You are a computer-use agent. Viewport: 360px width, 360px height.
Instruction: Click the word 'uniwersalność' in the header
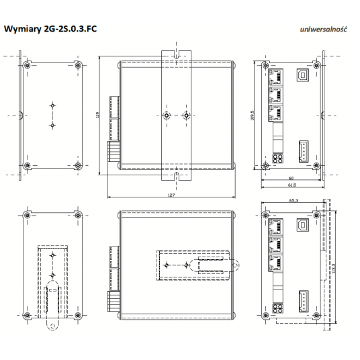click(324, 30)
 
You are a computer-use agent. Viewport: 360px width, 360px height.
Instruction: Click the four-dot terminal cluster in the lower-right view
click(277, 310)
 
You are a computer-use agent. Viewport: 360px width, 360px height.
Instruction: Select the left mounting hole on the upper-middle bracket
click(166, 115)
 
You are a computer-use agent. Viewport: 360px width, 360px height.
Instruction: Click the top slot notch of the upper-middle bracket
click(176, 52)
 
